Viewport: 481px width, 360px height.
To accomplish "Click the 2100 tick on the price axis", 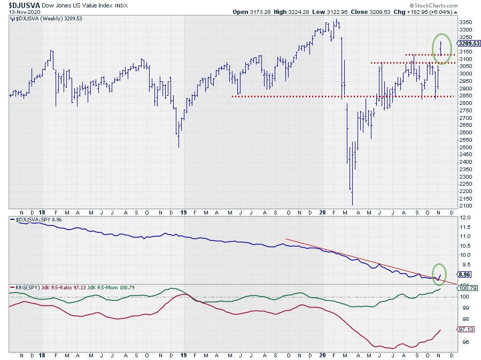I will (466, 206).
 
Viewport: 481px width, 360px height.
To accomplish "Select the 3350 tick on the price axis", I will (466, 22).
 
